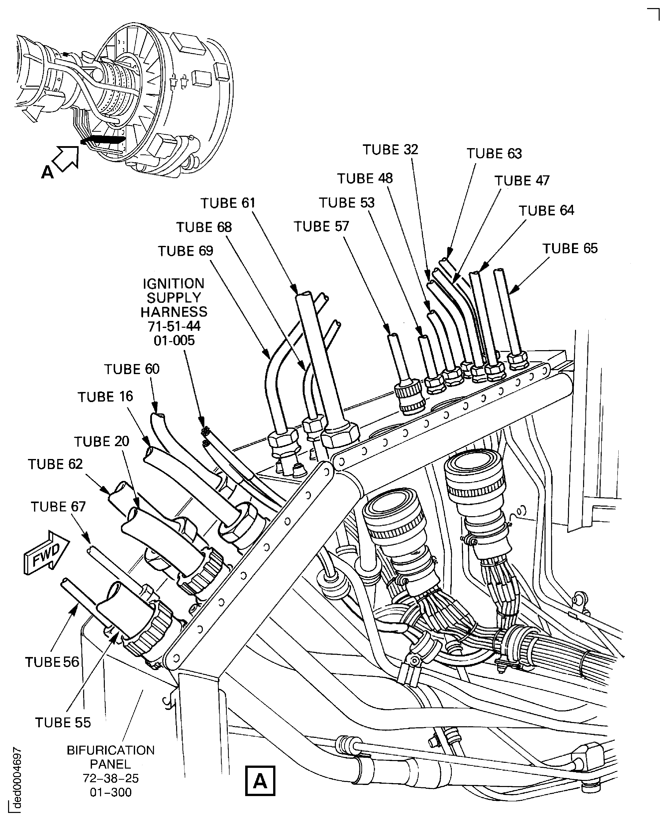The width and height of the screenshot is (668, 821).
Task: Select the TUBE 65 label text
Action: pos(570,249)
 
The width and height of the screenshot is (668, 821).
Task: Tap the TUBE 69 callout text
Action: pos(185,251)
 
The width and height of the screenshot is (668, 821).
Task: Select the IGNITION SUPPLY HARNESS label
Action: pos(174,312)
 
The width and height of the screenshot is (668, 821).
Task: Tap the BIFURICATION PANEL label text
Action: pos(111,757)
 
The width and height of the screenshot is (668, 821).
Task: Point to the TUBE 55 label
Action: pos(63,723)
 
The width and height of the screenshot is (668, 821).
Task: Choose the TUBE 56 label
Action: pos(52,662)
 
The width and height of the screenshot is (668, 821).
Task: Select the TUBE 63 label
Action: pos(494,153)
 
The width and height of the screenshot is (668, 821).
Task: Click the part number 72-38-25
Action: pos(111,778)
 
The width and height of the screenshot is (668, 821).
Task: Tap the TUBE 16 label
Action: pos(105,397)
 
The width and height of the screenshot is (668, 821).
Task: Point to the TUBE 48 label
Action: pos(365,179)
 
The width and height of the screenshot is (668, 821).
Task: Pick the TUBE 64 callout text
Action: pos(546,211)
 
